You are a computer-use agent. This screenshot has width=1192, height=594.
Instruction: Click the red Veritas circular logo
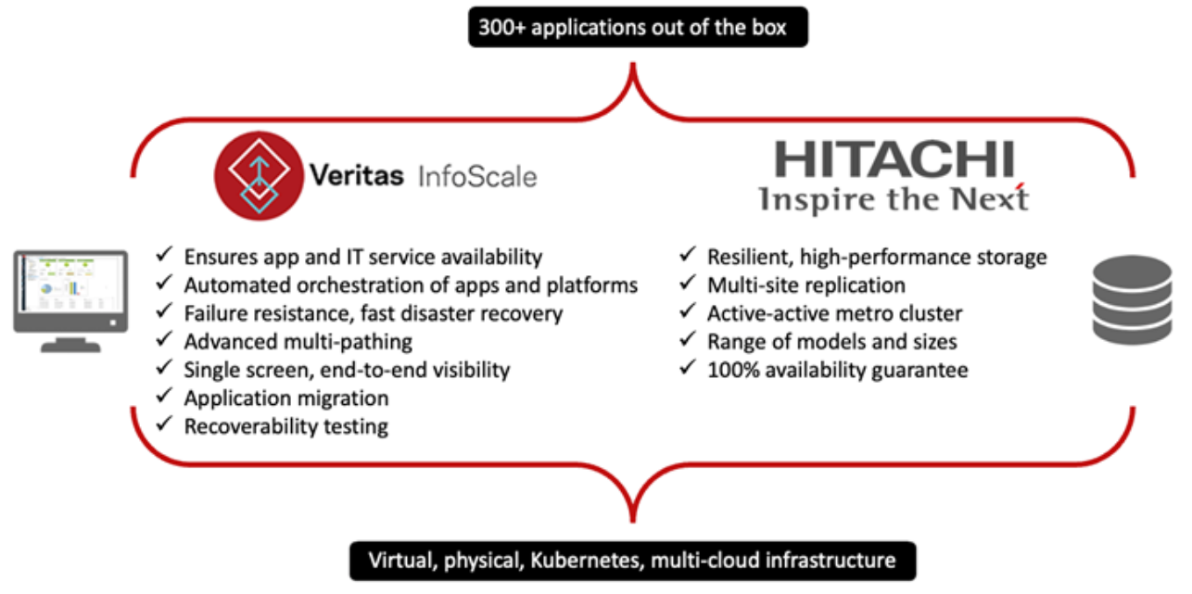pyautogui.click(x=260, y=176)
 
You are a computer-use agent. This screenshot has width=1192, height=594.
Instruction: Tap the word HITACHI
pyautogui.click(x=894, y=158)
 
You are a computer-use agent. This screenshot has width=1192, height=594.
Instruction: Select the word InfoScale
pyautogui.click(x=477, y=177)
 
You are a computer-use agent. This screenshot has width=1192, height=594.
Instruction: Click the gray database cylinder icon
pyautogui.click(x=1132, y=300)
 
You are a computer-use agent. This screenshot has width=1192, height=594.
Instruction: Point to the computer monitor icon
pyautogui.click(x=70, y=301)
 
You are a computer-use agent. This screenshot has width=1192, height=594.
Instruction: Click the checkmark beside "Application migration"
pyautogui.click(x=164, y=396)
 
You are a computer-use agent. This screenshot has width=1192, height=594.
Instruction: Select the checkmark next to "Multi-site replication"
pyautogui.click(x=688, y=283)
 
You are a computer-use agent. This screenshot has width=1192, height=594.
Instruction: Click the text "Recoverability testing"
pyautogui.click(x=286, y=426)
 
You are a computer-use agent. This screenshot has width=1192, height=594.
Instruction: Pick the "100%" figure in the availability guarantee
pyautogui.click(x=733, y=370)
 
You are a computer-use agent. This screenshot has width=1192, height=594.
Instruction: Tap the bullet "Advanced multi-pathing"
pyautogui.click(x=298, y=342)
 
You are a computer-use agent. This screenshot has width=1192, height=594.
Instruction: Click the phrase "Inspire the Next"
pyautogui.click(x=894, y=199)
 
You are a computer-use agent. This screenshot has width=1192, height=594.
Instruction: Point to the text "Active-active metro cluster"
pyautogui.click(x=834, y=314)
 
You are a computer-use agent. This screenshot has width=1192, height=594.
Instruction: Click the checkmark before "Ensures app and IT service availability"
pyautogui.click(x=164, y=255)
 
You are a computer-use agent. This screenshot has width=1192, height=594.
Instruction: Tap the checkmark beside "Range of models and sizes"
pyautogui.click(x=688, y=339)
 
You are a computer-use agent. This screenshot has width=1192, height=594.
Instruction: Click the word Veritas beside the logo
pyautogui.click(x=357, y=175)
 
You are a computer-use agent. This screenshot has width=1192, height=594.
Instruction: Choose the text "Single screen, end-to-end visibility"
pyautogui.click(x=347, y=370)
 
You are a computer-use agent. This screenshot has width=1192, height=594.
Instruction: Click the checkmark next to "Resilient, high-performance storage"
pyautogui.click(x=688, y=255)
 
